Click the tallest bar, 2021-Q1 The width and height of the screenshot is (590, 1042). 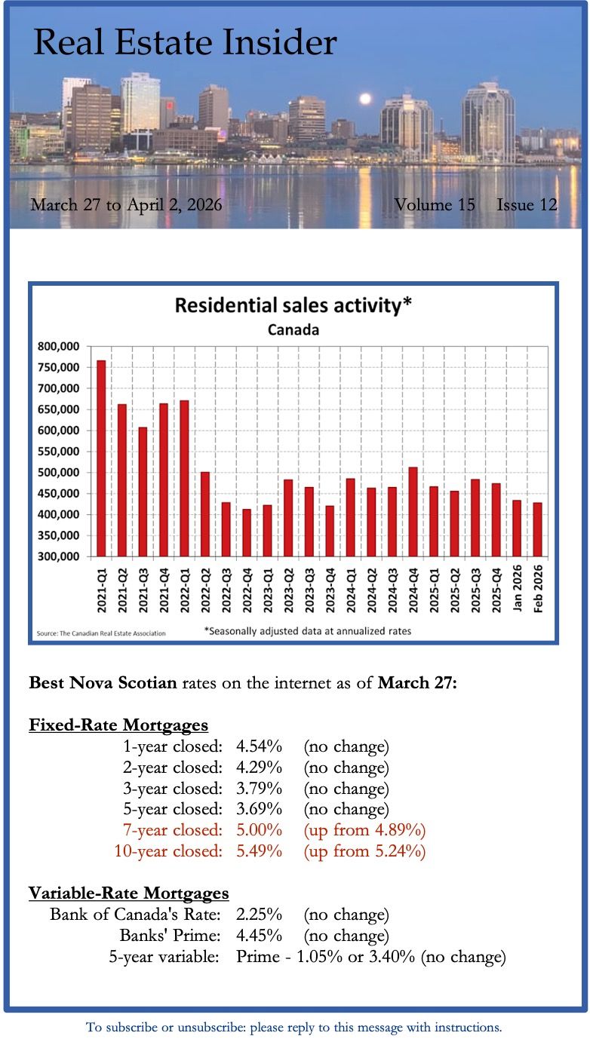coord(101,460)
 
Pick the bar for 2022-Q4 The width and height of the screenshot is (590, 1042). coord(246,532)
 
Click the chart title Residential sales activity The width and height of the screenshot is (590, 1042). coord(293,305)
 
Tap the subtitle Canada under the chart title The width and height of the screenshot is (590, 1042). coord(293,330)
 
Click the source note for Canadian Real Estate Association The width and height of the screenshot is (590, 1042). coord(101,633)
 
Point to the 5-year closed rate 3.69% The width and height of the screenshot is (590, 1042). coord(259,810)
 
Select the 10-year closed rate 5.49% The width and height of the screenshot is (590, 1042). coord(259,851)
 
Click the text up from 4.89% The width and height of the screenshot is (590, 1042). coord(365,830)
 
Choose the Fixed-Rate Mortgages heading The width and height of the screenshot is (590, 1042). coord(118,725)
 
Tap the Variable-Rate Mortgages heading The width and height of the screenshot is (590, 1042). coord(129,893)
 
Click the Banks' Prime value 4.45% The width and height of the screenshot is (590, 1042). coord(259,936)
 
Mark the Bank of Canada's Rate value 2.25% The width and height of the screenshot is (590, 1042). coord(259,915)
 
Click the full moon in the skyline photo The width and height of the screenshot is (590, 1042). coord(366,99)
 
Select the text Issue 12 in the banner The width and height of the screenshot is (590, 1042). coord(527,204)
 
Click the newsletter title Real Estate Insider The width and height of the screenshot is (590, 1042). coord(185,43)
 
